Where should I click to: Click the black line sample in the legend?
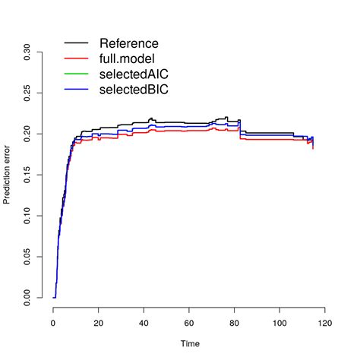pos(77,43)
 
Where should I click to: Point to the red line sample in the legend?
pos(77,58)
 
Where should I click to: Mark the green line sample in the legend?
pos(77,74)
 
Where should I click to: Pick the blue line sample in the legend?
pos(77,90)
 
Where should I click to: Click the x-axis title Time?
pos(189,344)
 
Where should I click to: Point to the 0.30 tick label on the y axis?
pos(27,52)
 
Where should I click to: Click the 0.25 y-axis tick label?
pos(27,93)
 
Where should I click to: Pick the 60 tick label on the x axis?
pos(189,323)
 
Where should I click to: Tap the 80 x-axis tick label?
pos(235,323)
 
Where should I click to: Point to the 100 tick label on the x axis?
pos(279,323)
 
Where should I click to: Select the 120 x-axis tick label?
pos(325,323)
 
